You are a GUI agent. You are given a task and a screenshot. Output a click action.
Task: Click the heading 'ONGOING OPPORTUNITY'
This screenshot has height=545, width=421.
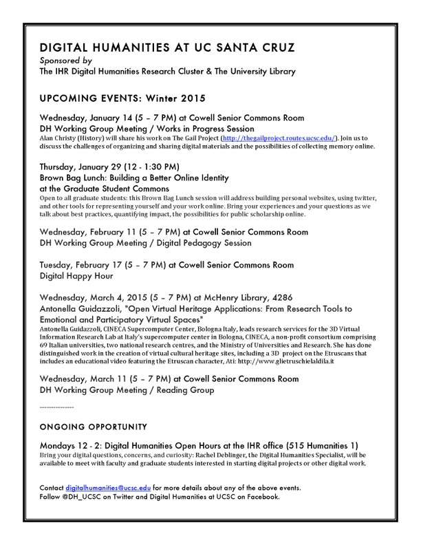pyautogui.click(x=94, y=427)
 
